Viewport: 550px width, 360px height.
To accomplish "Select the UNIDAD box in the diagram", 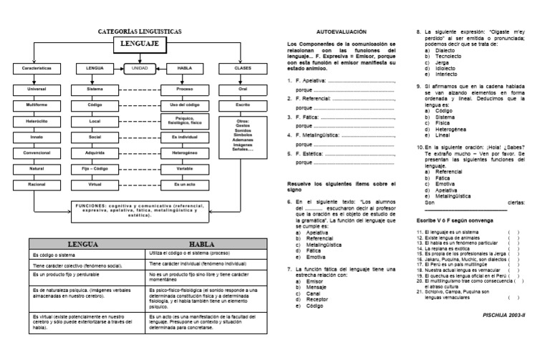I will (140, 69).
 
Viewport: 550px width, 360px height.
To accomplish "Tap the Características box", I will (34, 69).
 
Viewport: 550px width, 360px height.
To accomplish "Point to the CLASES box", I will (243, 69).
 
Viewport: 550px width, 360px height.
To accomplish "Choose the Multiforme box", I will (34, 104).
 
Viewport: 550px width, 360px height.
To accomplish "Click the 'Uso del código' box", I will (184, 104).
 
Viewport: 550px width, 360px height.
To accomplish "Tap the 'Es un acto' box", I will (184, 183).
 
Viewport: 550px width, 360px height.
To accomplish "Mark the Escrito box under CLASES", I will (243, 104).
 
